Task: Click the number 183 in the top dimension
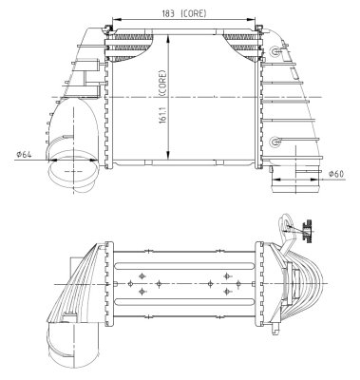click(168, 13)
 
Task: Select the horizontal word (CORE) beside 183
click(193, 13)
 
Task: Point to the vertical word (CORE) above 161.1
click(162, 83)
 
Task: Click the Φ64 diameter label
click(24, 155)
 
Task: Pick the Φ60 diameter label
click(336, 174)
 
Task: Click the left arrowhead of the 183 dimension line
click(116, 19)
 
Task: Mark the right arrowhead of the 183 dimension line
click(252, 19)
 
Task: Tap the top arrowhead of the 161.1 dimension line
click(169, 38)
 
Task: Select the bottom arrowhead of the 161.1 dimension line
click(169, 155)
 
